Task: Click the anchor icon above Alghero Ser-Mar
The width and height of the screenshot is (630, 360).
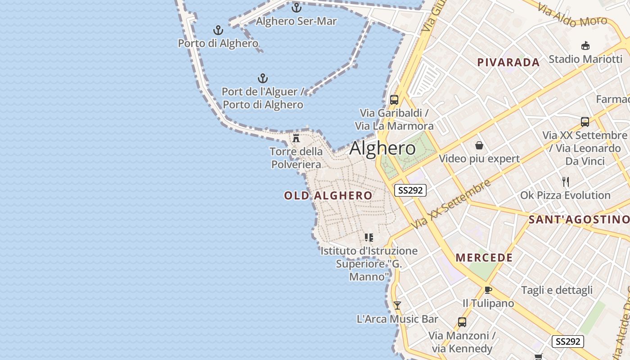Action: click(x=296, y=8)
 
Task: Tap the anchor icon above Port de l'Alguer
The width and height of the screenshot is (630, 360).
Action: click(x=263, y=79)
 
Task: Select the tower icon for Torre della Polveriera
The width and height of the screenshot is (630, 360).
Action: click(x=296, y=138)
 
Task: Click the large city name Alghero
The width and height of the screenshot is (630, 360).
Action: click(x=382, y=148)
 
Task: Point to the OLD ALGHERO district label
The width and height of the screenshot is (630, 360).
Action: click(x=328, y=195)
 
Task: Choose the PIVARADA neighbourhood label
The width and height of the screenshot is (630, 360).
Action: click(x=508, y=63)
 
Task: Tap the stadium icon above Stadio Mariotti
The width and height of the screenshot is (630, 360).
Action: click(x=585, y=45)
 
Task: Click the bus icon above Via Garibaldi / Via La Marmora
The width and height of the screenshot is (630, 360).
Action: click(x=394, y=100)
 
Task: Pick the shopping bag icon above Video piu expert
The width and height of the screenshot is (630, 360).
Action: click(x=479, y=145)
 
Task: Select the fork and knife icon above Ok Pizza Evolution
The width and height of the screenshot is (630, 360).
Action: click(x=566, y=182)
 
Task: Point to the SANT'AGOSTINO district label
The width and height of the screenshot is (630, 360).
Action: click(x=579, y=220)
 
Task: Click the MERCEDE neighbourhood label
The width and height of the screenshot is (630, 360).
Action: click(x=484, y=258)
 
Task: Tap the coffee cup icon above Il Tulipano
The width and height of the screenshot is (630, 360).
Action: click(x=488, y=290)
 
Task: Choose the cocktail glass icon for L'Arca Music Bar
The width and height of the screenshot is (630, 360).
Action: click(x=397, y=306)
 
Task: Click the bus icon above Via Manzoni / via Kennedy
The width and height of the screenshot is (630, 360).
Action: click(x=462, y=322)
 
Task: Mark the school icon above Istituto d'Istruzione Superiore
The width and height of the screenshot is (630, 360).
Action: click(x=369, y=237)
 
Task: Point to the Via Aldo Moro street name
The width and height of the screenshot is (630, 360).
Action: click(x=572, y=15)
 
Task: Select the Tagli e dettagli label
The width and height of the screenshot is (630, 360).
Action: click(x=557, y=290)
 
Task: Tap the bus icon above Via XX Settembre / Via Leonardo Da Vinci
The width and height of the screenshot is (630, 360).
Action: click(x=585, y=121)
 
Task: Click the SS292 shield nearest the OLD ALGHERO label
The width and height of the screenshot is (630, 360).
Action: click(x=410, y=190)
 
